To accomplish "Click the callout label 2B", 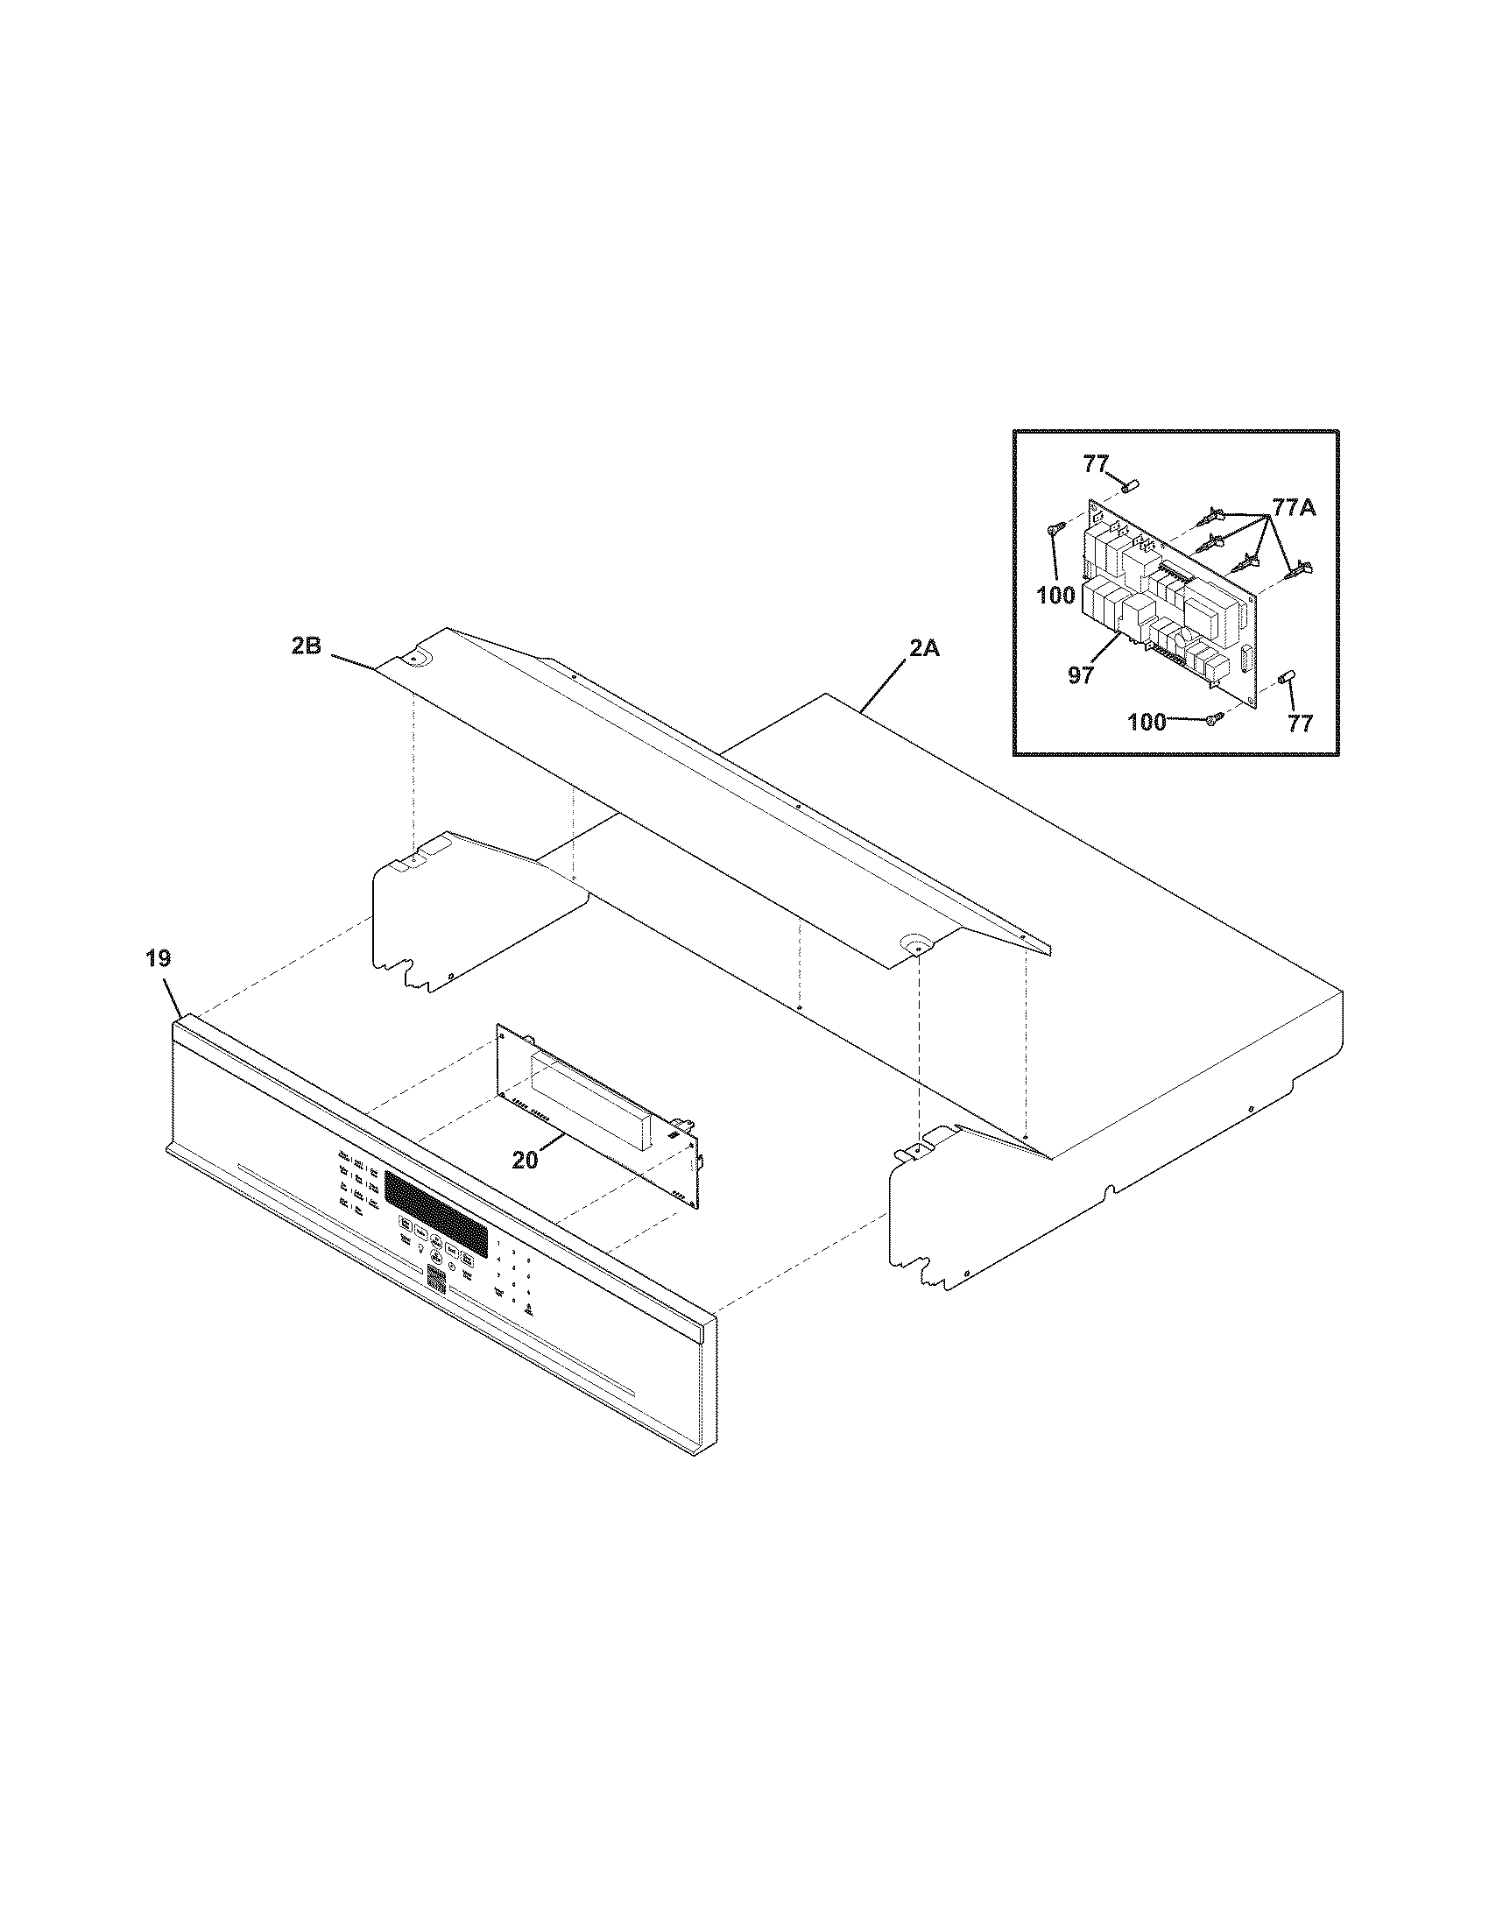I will tap(306, 646).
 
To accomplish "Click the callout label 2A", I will tap(923, 650).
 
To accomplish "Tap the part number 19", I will tap(159, 958).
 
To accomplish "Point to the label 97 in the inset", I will tap(1081, 675).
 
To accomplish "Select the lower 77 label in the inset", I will tap(1299, 724).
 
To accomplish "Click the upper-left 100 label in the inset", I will tap(1056, 596).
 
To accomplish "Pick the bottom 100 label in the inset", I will tap(1147, 723).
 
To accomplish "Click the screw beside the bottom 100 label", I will tap(1214, 718).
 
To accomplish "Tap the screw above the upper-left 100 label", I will tap(1051, 530).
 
